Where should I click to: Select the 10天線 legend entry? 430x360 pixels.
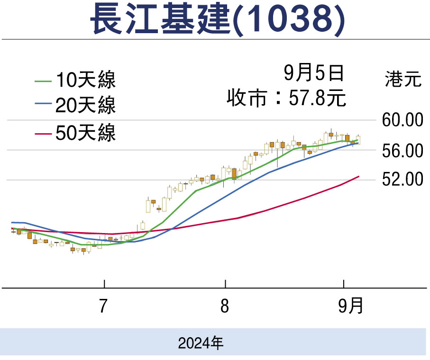[85, 80]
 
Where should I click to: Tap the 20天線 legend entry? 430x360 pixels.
[85, 106]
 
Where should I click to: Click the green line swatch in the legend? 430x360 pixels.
[43, 81]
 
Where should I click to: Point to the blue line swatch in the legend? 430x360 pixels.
[43, 106]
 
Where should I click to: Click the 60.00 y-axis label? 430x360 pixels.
[402, 120]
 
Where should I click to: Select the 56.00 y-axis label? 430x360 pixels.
[402, 151]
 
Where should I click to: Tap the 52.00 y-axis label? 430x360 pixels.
[402, 180]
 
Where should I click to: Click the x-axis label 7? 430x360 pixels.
[103, 306]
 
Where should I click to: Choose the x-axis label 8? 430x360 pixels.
[225, 306]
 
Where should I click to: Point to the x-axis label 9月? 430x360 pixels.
[351, 306]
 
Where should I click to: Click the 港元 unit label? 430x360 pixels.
[403, 79]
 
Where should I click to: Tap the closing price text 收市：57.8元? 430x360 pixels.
[286, 99]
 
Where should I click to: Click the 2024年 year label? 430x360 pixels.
[201, 342]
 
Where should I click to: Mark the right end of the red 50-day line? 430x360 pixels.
[359, 176]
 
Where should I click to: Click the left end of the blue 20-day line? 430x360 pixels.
[12, 222]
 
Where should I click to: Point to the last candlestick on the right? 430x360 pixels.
[358, 140]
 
